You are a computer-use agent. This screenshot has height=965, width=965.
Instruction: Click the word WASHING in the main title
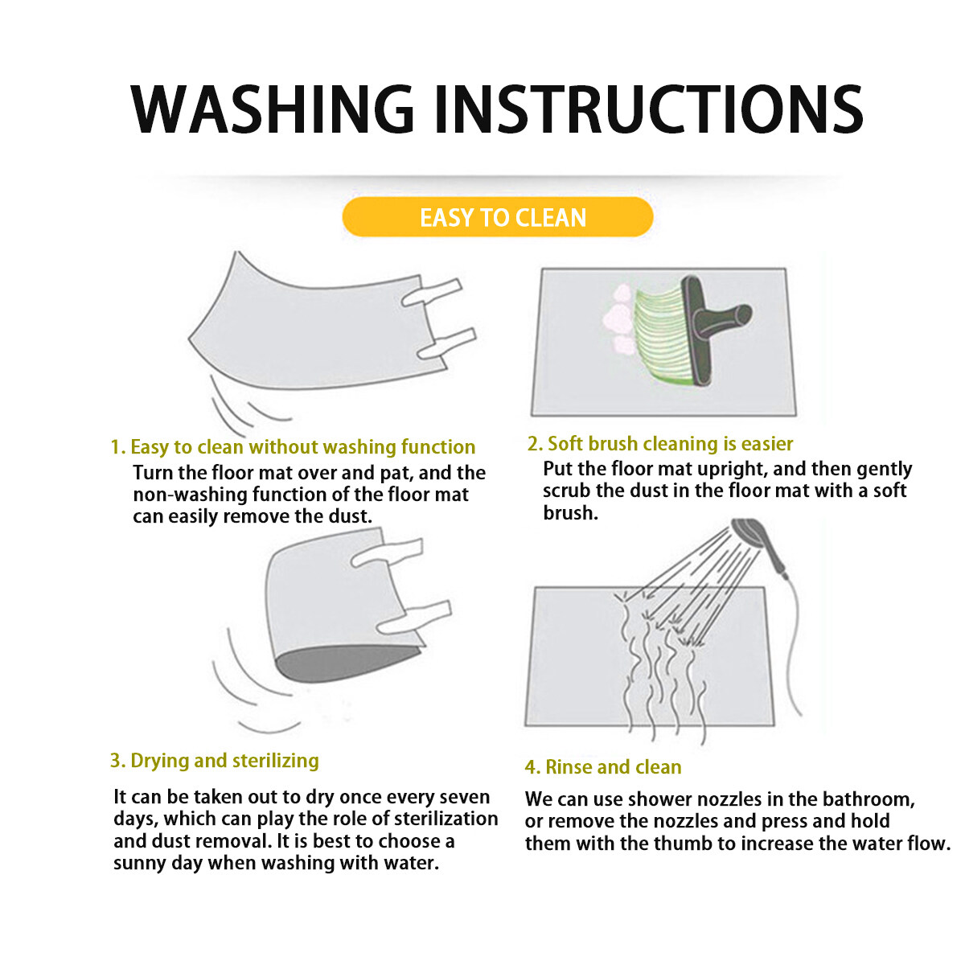[272, 109]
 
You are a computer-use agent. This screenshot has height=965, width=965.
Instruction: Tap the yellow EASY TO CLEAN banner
[498, 217]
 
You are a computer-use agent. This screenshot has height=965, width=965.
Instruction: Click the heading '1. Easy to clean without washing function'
[293, 446]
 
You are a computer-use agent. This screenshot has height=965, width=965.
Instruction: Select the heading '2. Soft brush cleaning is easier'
[660, 444]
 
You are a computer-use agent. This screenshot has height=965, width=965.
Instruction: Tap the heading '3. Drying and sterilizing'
[215, 761]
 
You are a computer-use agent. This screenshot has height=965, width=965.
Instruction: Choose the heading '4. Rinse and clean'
[603, 767]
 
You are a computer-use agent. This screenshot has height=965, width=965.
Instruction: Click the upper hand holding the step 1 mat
[432, 293]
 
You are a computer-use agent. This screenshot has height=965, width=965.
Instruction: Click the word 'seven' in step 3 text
[464, 797]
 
